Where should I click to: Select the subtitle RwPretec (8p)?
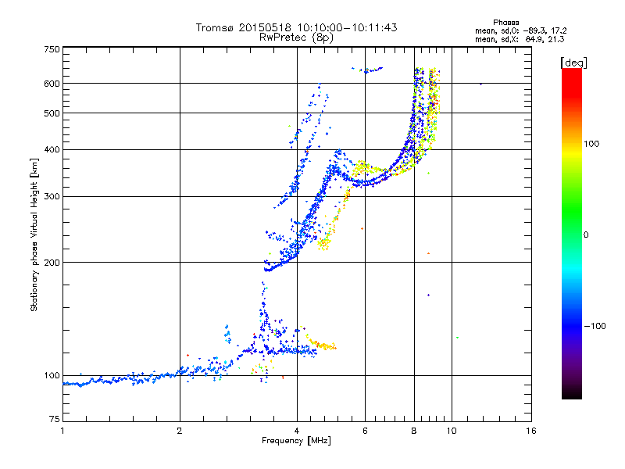(296, 37)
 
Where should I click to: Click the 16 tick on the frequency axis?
(530, 431)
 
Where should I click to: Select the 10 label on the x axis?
(451, 431)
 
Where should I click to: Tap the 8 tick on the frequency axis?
(414, 431)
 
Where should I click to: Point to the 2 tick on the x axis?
(180, 431)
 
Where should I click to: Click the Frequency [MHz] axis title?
(296, 441)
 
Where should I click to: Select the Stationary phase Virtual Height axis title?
(34, 234)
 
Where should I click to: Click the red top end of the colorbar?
(571, 72)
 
